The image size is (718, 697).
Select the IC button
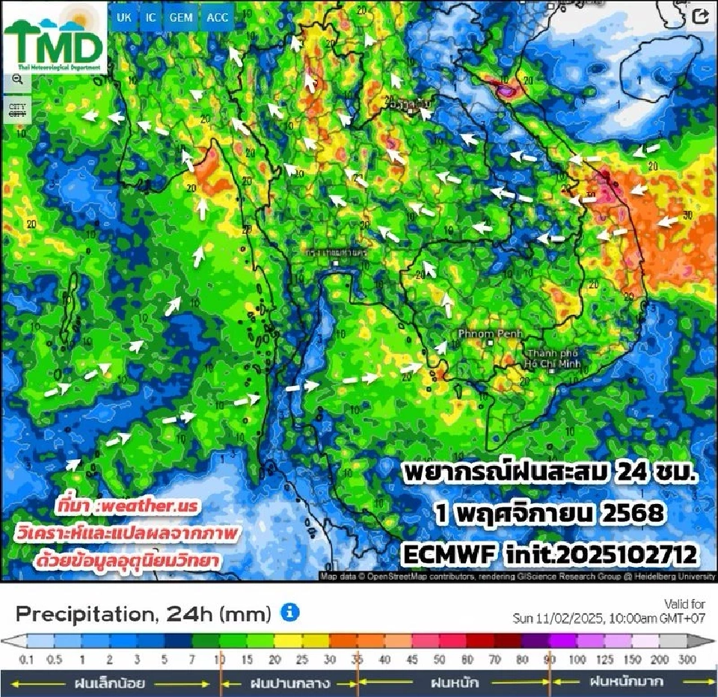tap(151, 17)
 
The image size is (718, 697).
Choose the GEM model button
tap(181, 17)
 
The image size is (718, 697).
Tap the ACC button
tap(218, 17)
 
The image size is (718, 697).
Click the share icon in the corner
tap(701, 17)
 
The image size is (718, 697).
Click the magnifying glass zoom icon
tap(16, 79)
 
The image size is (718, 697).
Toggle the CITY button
tap(16, 110)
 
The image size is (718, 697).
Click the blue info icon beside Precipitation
tap(289, 612)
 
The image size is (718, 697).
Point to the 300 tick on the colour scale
tap(687, 660)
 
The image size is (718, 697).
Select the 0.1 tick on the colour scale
tap(26, 660)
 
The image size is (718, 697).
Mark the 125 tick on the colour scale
tap(606, 660)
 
